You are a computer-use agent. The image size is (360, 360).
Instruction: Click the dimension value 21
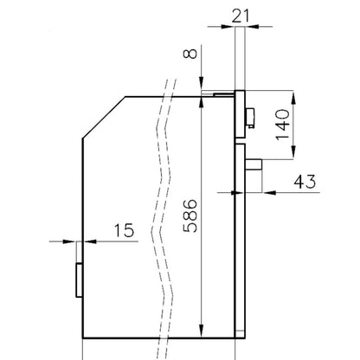click(241, 16)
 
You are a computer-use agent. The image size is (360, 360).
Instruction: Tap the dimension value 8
click(190, 54)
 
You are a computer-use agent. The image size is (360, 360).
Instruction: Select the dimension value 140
click(283, 125)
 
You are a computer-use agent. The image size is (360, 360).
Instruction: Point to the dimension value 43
click(305, 182)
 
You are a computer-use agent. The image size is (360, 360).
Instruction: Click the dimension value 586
click(190, 215)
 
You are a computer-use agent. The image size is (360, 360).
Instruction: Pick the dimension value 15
click(125, 230)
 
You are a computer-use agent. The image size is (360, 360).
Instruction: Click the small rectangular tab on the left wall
click(79, 280)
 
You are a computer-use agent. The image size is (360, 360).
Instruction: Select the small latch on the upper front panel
click(250, 118)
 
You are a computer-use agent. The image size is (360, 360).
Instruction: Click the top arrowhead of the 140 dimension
click(293, 98)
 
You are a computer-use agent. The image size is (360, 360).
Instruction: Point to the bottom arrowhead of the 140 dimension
click(293, 152)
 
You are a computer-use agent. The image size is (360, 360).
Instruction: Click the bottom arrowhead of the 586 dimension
click(202, 331)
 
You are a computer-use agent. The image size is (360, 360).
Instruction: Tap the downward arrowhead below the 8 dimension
click(202, 84)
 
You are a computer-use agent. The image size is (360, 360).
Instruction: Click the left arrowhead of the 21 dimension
click(228, 27)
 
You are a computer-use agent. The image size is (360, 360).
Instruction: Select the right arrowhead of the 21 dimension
click(252, 27)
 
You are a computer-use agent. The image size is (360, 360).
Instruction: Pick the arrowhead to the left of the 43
click(269, 192)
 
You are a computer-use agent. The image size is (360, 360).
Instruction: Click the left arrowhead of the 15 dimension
click(69, 241)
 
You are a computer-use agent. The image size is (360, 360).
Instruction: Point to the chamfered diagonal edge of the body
click(104, 118)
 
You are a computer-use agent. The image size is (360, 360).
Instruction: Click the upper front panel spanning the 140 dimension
click(241, 114)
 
